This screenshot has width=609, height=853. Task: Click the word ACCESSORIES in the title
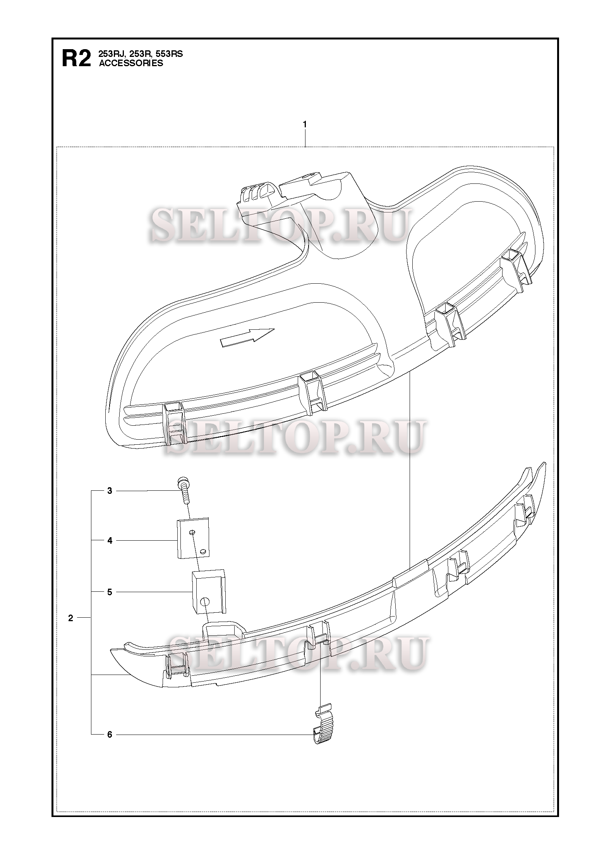131,64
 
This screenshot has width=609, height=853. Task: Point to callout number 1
305,124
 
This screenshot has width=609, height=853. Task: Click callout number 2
70,618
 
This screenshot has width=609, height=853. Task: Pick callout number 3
110,491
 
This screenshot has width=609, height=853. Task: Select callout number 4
110,540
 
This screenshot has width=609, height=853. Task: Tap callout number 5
110,592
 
